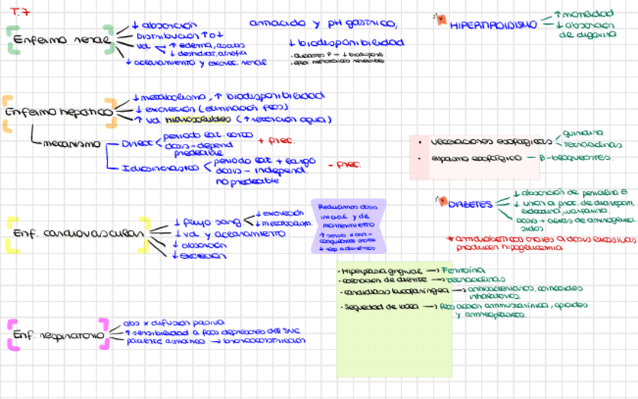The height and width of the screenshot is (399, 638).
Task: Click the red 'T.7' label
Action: click(x=20, y=13)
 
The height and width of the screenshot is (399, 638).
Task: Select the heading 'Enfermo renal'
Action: click(x=60, y=40)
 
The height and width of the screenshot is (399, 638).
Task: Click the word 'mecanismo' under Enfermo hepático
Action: click(x=71, y=143)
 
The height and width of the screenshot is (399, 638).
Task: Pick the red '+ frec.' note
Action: click(x=276, y=140)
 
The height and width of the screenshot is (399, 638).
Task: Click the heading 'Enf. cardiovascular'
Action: click(x=77, y=233)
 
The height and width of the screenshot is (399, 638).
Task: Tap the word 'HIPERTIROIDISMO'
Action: click(x=494, y=24)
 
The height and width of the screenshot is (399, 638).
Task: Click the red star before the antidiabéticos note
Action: click(x=449, y=239)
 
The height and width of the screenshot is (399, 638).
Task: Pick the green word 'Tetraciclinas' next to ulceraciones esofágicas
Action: click(x=593, y=144)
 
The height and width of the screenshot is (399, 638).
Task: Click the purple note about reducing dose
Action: click(x=347, y=226)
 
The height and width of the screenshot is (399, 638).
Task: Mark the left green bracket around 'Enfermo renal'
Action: click(x=11, y=40)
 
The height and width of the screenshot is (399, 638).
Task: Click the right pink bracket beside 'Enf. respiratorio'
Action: click(x=108, y=334)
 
